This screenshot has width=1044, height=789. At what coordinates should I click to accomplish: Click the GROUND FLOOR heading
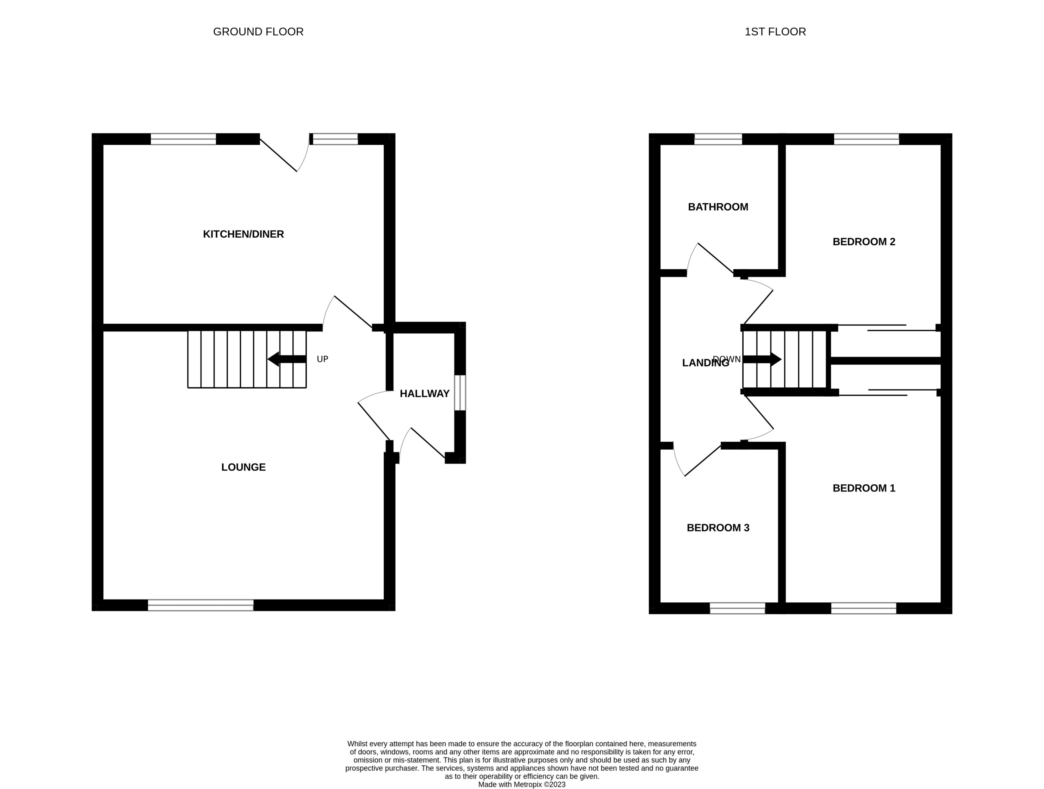click(258, 32)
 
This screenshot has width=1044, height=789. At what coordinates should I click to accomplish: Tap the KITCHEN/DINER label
click(243, 234)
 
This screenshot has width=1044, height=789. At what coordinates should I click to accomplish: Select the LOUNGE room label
click(243, 467)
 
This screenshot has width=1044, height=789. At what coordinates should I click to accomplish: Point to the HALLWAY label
click(424, 394)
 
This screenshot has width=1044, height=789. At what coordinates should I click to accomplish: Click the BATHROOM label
click(718, 207)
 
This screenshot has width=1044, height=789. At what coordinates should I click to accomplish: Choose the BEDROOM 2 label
click(864, 242)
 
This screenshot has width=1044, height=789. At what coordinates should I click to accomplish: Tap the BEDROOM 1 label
click(864, 488)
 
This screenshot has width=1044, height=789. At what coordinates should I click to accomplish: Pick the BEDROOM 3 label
click(718, 528)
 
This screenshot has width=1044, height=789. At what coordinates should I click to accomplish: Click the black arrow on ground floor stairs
click(287, 359)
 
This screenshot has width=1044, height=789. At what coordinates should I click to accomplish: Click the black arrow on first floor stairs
click(762, 359)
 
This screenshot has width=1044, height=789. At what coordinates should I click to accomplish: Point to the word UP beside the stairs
click(322, 359)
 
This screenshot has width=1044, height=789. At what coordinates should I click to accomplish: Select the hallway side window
click(460, 393)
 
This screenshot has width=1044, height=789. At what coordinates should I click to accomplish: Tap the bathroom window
click(718, 139)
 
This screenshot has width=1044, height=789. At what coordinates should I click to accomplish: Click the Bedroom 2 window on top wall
click(866, 139)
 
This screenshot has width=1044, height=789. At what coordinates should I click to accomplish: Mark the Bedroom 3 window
click(737, 608)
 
